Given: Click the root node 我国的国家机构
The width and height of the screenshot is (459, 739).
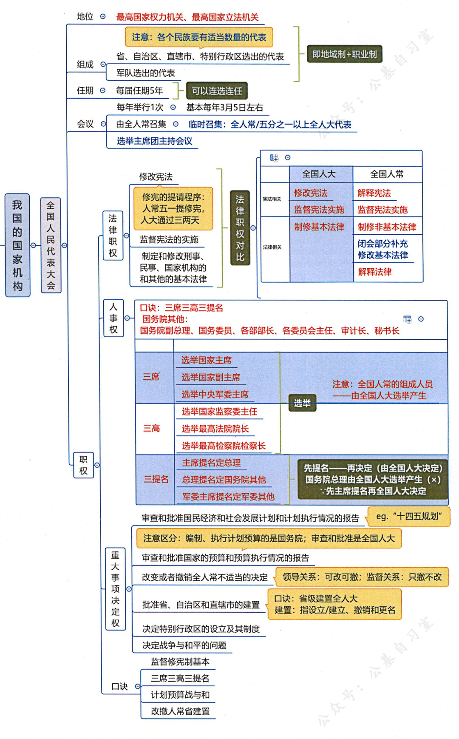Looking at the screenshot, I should (17, 245).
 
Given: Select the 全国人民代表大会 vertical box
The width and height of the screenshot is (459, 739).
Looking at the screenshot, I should (51, 245).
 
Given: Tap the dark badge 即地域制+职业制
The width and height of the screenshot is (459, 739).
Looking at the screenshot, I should (344, 54).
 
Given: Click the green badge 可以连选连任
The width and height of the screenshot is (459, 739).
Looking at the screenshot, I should (217, 91).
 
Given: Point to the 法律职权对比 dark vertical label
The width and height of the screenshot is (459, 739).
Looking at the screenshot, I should (240, 228).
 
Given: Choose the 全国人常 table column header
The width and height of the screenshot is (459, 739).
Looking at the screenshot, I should (387, 174).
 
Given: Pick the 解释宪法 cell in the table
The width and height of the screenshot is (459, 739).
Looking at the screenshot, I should (374, 193).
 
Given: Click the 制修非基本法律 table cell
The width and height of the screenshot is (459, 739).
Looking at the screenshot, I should (387, 227).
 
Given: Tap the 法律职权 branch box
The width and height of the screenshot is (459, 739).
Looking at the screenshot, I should (113, 236).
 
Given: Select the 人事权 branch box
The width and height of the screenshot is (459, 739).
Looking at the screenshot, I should (113, 318).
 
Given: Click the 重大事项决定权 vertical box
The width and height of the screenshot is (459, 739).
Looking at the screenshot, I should (115, 589).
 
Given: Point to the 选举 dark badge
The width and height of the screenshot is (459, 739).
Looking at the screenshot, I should (302, 403).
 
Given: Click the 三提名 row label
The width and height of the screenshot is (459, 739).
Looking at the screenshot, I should (156, 479).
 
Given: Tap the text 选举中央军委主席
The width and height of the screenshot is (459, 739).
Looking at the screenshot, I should (215, 395).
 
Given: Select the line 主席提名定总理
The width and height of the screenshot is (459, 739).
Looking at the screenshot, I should (211, 463).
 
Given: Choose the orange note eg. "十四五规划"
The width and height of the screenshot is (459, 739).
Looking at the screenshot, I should (408, 517).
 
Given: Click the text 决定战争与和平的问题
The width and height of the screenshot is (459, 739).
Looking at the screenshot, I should (184, 645).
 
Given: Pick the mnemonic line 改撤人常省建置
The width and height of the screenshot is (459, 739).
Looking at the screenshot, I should (180, 711).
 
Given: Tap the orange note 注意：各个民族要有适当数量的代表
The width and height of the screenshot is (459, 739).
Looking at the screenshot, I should (199, 37).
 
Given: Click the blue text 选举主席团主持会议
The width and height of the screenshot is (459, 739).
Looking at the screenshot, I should (154, 141).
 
